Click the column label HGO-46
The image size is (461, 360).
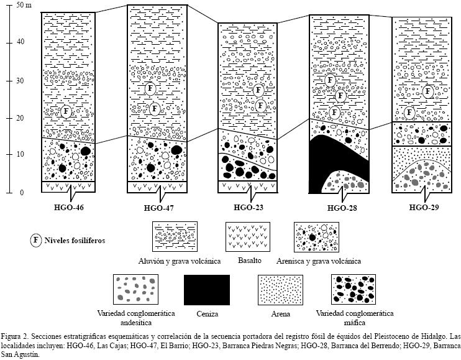68,208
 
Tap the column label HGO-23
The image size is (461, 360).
250,208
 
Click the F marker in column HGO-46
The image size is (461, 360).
66,111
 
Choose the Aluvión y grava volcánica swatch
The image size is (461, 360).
175,237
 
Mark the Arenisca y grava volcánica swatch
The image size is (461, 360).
317,237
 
